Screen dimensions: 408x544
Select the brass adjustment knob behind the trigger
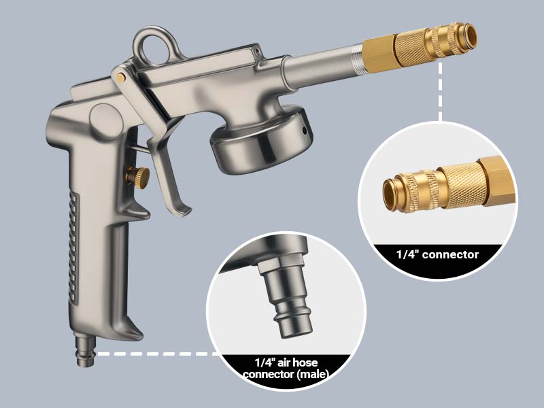(x=139, y=177)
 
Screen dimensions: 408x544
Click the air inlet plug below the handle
(x=84, y=353)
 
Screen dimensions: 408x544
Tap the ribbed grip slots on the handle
(x=73, y=252)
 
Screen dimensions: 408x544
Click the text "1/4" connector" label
(x=438, y=255)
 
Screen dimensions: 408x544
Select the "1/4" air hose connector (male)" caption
(x=286, y=369)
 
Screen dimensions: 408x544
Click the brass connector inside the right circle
(x=442, y=187)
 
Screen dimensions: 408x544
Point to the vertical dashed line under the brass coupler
(x=440, y=95)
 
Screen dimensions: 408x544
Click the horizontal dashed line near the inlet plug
(x=156, y=354)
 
